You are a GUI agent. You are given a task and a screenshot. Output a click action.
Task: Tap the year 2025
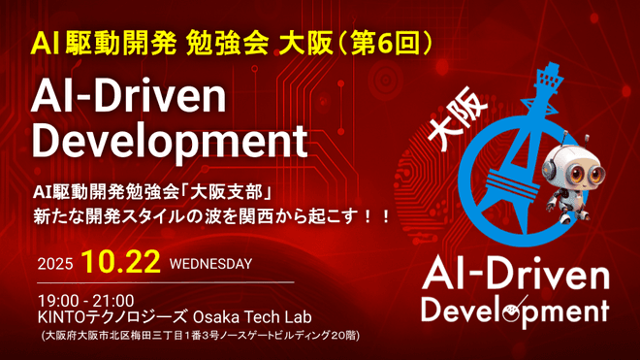coord(55,264)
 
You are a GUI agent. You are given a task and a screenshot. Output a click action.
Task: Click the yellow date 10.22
coord(122,262)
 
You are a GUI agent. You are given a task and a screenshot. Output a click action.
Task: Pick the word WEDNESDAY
coord(210,263)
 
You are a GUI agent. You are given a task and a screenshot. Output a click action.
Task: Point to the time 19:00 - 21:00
coord(86,300)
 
